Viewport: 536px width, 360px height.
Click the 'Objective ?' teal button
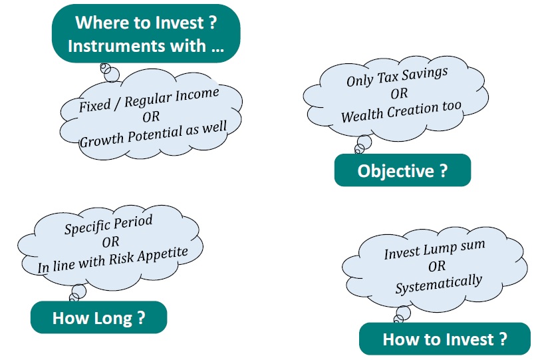click(x=402, y=170)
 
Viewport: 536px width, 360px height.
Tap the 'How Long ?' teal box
click(x=99, y=317)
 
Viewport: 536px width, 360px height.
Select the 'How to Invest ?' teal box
click(x=445, y=339)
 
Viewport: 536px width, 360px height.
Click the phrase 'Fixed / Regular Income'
click(x=149, y=100)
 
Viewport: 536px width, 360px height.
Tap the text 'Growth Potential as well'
click(x=153, y=134)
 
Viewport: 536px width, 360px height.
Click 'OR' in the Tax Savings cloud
click(x=399, y=93)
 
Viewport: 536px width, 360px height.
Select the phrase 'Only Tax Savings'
click(x=397, y=77)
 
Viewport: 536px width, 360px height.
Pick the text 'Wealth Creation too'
click(x=401, y=112)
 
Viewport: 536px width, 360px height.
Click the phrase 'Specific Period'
click(x=108, y=224)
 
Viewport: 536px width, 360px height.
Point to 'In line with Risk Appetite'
click(x=112, y=260)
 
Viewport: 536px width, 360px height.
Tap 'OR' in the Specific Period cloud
click(x=110, y=242)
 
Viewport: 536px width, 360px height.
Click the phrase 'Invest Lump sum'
click(x=434, y=249)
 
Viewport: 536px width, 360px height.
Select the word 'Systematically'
click(x=439, y=283)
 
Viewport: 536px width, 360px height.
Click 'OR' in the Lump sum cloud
click(x=436, y=266)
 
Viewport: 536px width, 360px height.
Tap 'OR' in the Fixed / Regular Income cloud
click(x=151, y=116)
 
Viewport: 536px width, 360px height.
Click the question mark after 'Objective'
click(x=443, y=170)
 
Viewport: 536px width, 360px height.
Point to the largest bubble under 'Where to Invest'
click(x=112, y=75)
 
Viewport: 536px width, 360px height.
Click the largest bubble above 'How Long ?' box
click(x=79, y=291)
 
